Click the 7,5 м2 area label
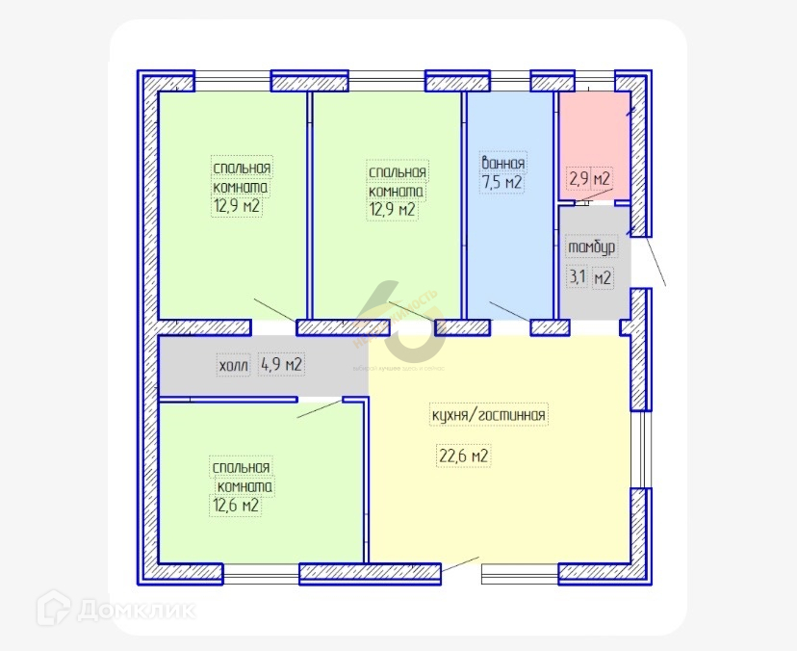click(501, 183)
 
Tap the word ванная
click(502, 163)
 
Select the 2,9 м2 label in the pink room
click(589, 179)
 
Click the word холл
click(233, 366)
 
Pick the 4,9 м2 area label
click(282, 365)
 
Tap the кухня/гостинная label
click(489, 416)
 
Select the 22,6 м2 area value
click(464, 456)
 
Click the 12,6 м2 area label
click(236, 505)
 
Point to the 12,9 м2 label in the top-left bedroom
click(237, 205)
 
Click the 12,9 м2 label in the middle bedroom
click(393, 209)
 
